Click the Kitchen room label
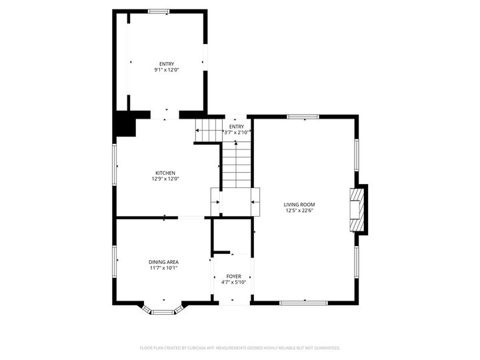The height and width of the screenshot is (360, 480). pyautogui.click(x=165, y=173)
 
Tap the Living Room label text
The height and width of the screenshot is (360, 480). pyautogui.click(x=299, y=205)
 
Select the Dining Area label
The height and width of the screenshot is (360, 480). pyautogui.click(x=163, y=262)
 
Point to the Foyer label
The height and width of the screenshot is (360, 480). pyautogui.click(x=233, y=276)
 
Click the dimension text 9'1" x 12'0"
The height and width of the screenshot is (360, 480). pyautogui.click(x=167, y=70)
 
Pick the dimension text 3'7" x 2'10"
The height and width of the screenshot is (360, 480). pyautogui.click(x=237, y=132)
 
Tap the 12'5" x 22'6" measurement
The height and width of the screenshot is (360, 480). pyautogui.click(x=299, y=211)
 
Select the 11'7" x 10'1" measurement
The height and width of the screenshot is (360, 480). pyautogui.click(x=163, y=268)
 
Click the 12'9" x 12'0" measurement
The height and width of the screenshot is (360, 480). pyautogui.click(x=165, y=179)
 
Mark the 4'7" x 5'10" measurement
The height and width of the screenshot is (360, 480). pyautogui.click(x=233, y=282)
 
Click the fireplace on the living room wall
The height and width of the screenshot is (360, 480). pyautogui.click(x=359, y=209)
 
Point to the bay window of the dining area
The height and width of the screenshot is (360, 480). pyautogui.click(x=163, y=309)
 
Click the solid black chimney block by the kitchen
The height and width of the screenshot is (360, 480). pyautogui.click(x=124, y=123)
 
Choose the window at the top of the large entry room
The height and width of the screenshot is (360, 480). pyautogui.click(x=159, y=11)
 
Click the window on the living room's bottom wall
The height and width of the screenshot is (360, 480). pyautogui.click(x=303, y=303)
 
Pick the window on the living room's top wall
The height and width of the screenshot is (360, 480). pyautogui.click(x=303, y=117)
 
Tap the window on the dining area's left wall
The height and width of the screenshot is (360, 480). pyautogui.click(x=115, y=261)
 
